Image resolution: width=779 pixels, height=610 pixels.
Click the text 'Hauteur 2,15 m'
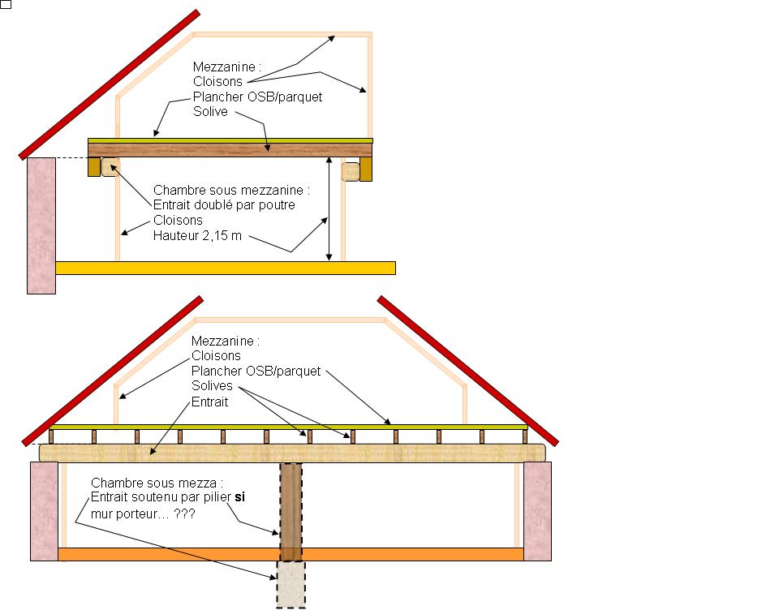point(198,236)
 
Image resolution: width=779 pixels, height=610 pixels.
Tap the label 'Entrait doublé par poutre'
point(224,205)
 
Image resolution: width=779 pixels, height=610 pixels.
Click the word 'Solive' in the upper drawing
point(211,111)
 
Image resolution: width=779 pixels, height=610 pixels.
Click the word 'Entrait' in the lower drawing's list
point(210,402)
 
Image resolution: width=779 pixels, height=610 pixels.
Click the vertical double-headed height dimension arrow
point(329,208)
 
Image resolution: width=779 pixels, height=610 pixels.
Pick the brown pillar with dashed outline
point(291,511)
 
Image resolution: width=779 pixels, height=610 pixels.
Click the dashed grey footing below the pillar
point(291,583)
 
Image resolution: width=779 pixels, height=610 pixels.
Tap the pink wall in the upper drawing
point(41,224)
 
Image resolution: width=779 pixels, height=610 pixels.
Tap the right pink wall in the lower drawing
point(537,511)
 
